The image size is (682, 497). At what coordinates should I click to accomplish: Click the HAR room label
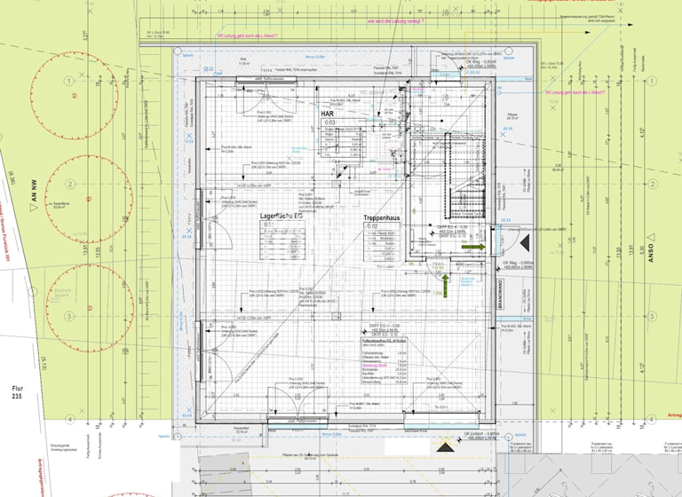[328, 114]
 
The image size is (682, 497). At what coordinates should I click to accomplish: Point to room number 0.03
[329, 122]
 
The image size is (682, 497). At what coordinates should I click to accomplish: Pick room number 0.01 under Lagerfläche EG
[269, 225]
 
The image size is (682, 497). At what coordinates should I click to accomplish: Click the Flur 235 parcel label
[19, 393]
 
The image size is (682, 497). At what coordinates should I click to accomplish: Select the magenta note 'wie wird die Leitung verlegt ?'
[395, 20]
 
